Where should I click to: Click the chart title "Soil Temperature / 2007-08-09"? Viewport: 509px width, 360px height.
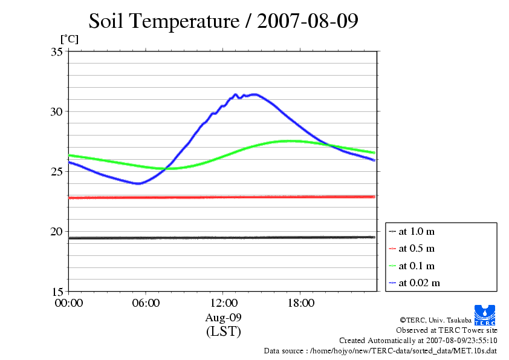[223, 21]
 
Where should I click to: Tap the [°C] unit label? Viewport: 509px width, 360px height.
[68, 39]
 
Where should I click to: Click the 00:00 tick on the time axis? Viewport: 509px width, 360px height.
[69, 303]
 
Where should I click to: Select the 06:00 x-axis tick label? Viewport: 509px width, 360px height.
[146, 303]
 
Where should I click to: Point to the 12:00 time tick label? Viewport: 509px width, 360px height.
[223, 303]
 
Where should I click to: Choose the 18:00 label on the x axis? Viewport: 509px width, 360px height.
[300, 303]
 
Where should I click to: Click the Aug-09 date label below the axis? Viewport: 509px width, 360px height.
[223, 318]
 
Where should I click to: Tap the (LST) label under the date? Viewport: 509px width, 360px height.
[223, 332]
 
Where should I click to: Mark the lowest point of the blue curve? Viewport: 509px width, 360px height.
[139, 183]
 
